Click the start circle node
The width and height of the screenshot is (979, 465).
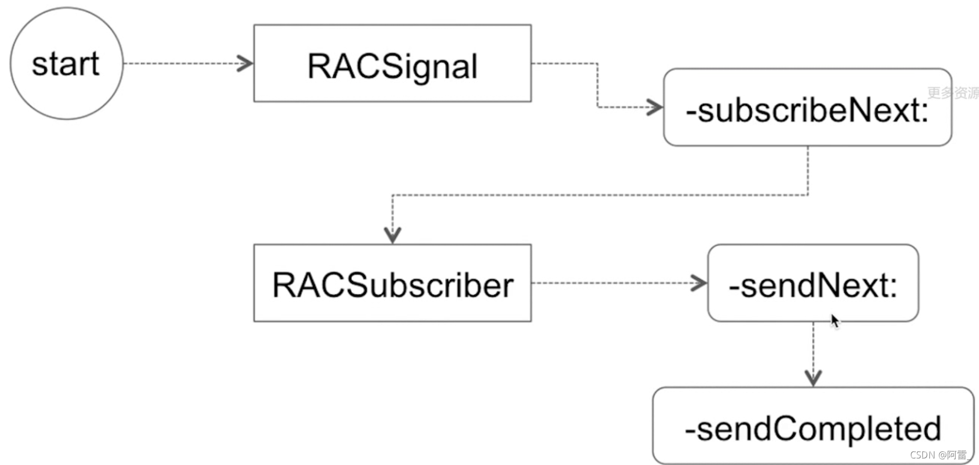click(x=66, y=64)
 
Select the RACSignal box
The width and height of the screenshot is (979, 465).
click(x=392, y=64)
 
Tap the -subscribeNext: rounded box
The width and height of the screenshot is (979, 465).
click(x=807, y=108)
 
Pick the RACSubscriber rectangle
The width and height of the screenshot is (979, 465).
click(x=392, y=283)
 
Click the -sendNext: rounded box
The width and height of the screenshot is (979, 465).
click(x=813, y=283)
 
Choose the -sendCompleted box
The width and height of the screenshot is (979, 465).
click(x=813, y=426)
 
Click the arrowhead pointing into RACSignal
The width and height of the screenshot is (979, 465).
click(x=246, y=64)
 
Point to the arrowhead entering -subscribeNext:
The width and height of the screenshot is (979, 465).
click(x=655, y=107)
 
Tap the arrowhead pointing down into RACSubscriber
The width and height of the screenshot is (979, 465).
click(x=392, y=235)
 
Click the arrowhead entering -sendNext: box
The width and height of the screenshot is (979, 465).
click(x=699, y=283)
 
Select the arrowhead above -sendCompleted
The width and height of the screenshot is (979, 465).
click(x=813, y=378)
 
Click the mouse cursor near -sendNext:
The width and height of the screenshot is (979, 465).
click(x=835, y=321)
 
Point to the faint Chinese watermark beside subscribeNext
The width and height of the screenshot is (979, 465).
click(x=953, y=93)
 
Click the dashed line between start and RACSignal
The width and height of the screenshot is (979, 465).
click(x=181, y=64)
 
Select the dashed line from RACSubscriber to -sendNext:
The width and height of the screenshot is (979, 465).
click(x=615, y=283)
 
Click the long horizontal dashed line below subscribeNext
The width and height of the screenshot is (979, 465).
click(x=600, y=195)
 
